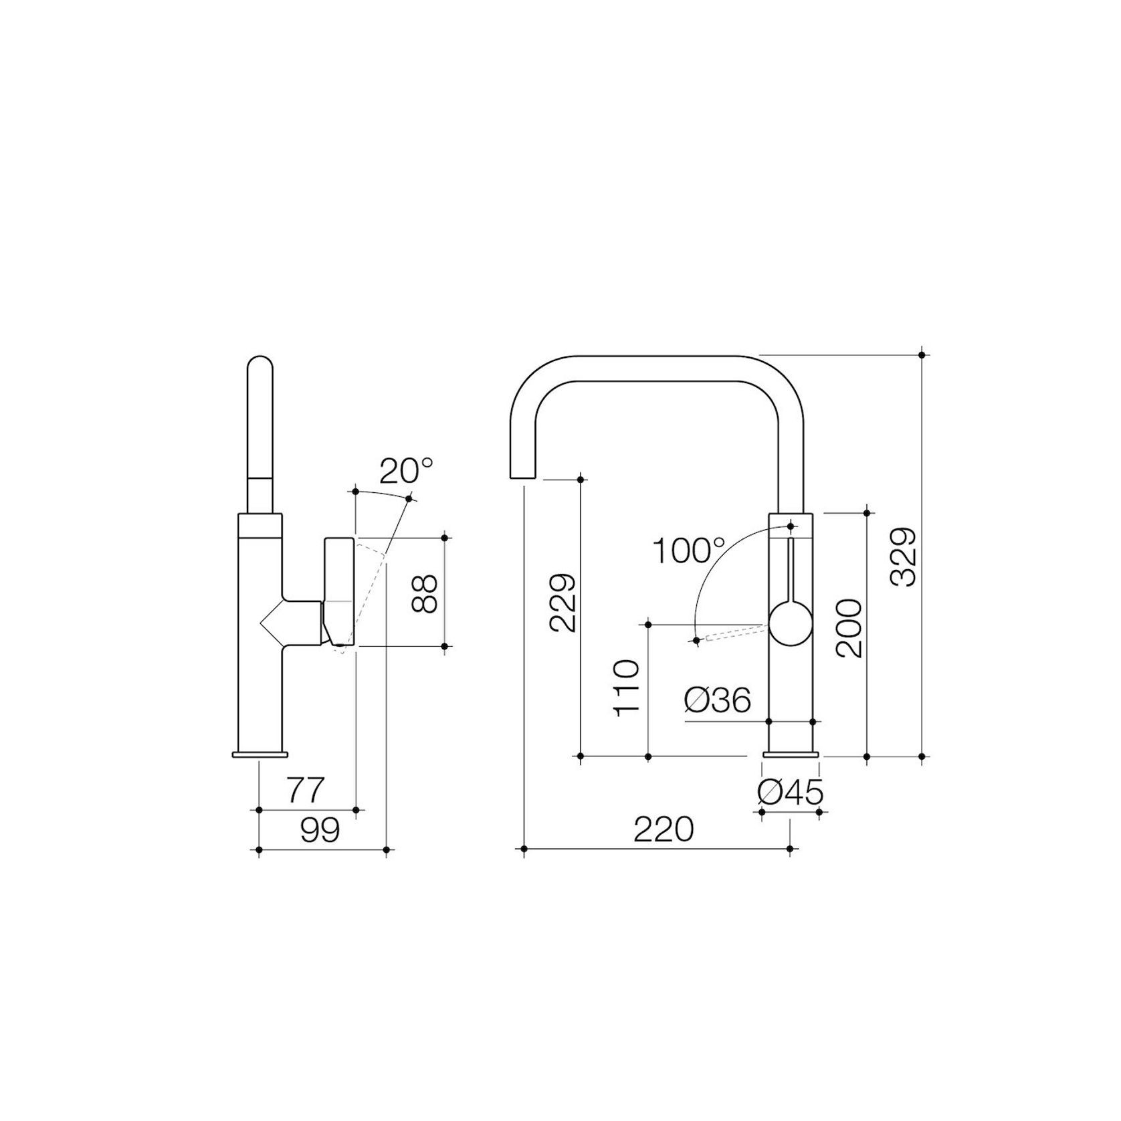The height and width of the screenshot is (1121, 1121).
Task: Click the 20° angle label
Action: click(x=406, y=471)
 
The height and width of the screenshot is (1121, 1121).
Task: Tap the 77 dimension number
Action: click(x=306, y=790)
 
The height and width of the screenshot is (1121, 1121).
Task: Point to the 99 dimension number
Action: click(x=320, y=830)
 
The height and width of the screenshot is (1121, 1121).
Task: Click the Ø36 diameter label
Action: click(x=718, y=700)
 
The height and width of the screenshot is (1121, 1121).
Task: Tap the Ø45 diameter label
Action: click(x=790, y=793)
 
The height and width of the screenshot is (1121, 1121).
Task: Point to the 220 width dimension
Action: click(x=664, y=830)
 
